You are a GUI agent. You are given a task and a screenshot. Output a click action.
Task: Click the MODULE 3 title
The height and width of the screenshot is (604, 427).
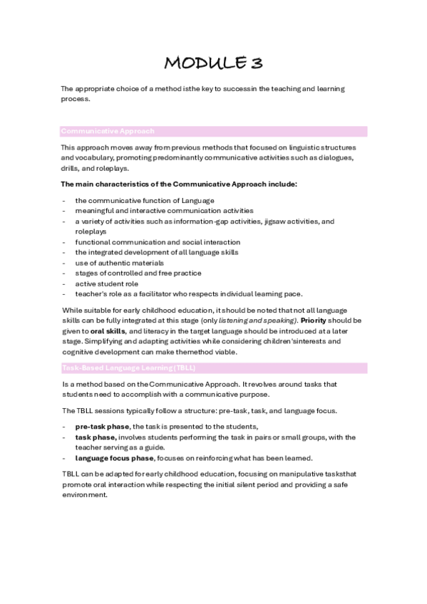pos(213,63)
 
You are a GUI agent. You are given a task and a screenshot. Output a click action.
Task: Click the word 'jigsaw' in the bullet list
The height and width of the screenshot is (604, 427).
pos(279,222)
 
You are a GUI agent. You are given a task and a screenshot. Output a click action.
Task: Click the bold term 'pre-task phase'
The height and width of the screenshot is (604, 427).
pos(98,426)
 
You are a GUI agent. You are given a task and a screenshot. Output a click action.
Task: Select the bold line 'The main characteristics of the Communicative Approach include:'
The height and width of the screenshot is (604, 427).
pos(179,184)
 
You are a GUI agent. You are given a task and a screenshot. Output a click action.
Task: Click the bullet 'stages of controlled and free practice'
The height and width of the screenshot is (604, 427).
pos(138,273)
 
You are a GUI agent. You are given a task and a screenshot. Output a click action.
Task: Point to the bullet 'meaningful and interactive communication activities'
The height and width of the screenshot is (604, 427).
pos(164,211)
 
